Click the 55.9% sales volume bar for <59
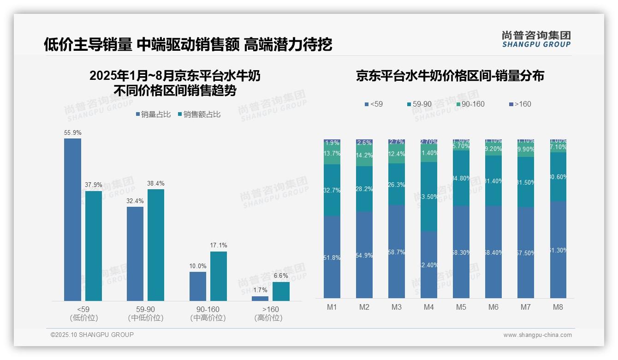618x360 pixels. [x=72, y=220]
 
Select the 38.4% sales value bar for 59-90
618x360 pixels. [x=155, y=245]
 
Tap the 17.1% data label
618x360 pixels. [x=219, y=246]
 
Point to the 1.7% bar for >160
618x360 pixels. [x=260, y=299]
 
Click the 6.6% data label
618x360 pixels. [x=281, y=276]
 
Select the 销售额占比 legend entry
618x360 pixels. [x=199, y=114]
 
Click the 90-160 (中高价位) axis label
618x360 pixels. [x=208, y=313]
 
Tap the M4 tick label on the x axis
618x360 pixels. [x=429, y=307]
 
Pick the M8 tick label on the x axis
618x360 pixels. [x=558, y=307]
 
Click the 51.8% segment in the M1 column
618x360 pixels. [x=332, y=257]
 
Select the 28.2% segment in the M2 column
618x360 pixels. [x=364, y=189]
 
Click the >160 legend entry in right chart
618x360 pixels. [x=520, y=104]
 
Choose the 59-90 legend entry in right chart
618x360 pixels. [x=419, y=104]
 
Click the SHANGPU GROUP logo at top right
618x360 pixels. [x=536, y=39]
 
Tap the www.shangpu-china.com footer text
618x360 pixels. [x=537, y=335]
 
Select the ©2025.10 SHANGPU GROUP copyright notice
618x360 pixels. [x=92, y=335]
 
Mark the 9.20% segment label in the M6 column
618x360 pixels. [x=493, y=149]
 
